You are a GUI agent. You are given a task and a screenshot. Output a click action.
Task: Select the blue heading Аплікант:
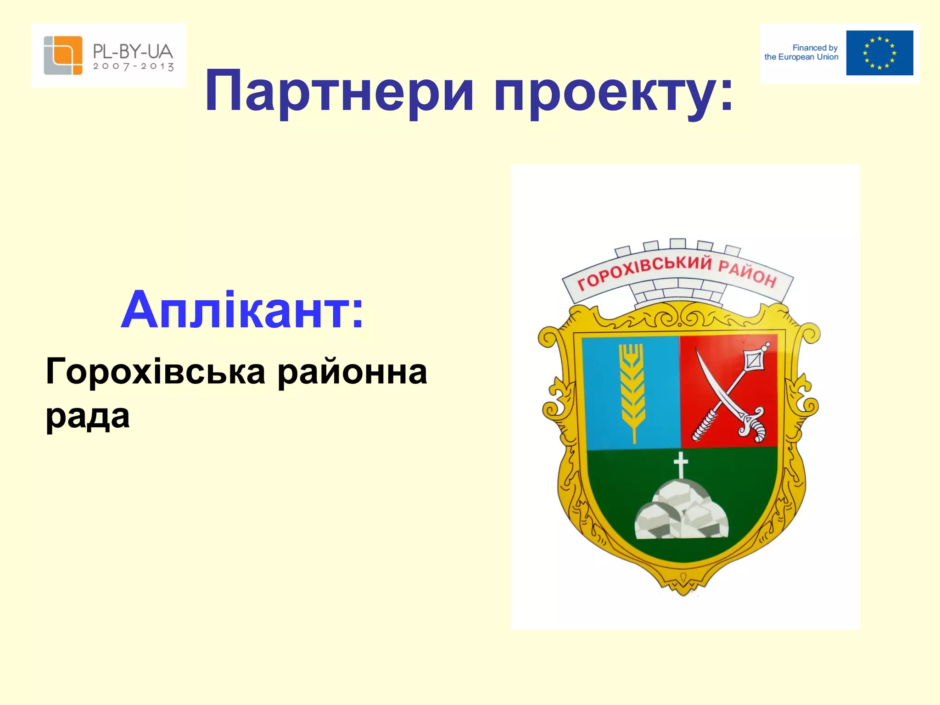pyautogui.click(x=242, y=310)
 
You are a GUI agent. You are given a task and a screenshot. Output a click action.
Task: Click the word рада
pyautogui.click(x=87, y=416)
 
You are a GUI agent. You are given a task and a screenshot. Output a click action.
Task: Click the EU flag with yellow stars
pyautogui.click(x=879, y=53)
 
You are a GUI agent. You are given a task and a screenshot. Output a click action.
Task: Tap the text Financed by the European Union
pyautogui.click(x=801, y=52)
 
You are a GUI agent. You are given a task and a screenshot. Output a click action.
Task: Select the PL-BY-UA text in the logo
pyautogui.click(x=133, y=51)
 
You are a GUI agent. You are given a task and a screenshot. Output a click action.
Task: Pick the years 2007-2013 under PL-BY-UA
pyautogui.click(x=133, y=67)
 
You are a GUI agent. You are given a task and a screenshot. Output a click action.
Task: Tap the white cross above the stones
pyautogui.click(x=681, y=464)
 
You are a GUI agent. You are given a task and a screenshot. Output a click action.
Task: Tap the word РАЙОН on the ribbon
pyautogui.click(x=747, y=273)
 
